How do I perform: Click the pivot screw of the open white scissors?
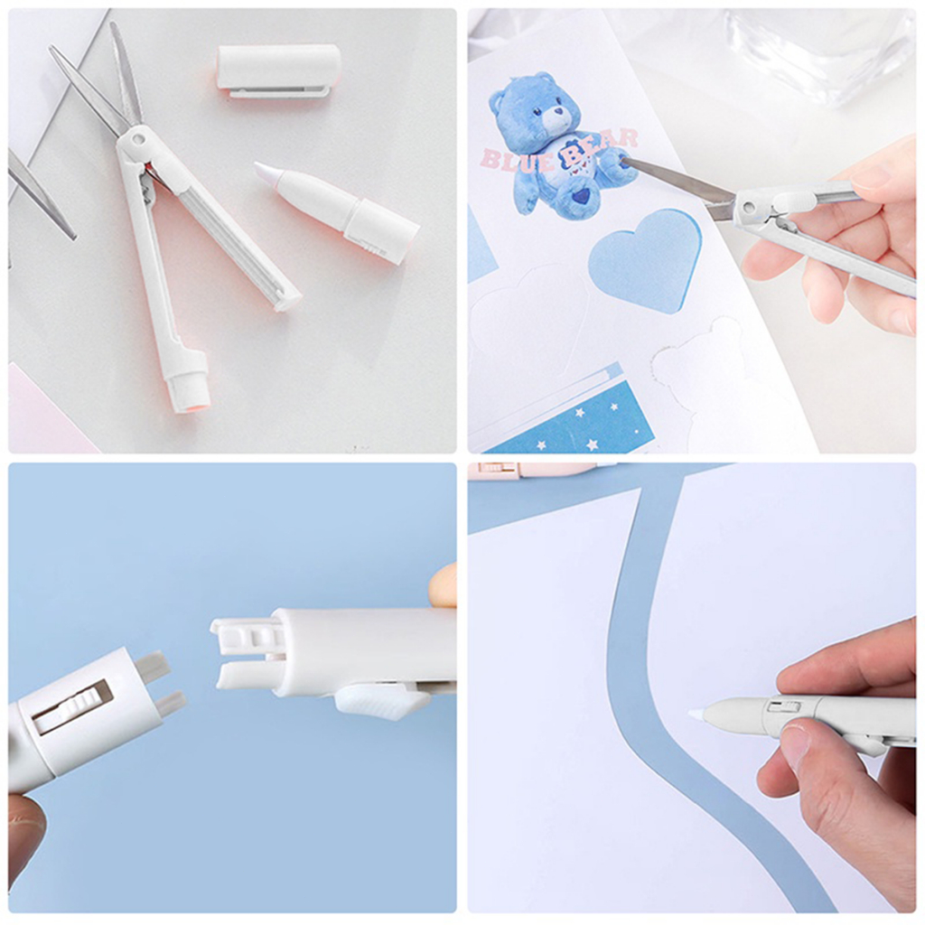tap(138, 139)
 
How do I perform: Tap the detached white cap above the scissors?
tap(278, 69)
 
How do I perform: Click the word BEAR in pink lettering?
tap(599, 148)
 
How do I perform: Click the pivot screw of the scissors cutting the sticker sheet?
tap(749, 207)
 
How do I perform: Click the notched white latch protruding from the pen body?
tap(248, 635)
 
